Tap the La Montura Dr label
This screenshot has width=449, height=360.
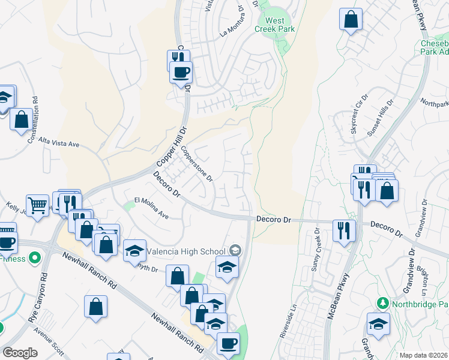click(x=234, y=25)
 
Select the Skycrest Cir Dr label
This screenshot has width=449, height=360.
click(x=359, y=113)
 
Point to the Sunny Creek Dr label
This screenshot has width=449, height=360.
click(x=315, y=252)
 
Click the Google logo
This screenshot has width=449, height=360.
click(x=20, y=353)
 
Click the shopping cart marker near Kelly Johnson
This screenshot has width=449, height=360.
click(x=37, y=205)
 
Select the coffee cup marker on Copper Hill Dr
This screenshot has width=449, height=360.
click(x=181, y=72)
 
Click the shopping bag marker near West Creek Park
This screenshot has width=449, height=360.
click(x=351, y=19)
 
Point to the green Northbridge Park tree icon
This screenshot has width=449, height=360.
click(x=381, y=303)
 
